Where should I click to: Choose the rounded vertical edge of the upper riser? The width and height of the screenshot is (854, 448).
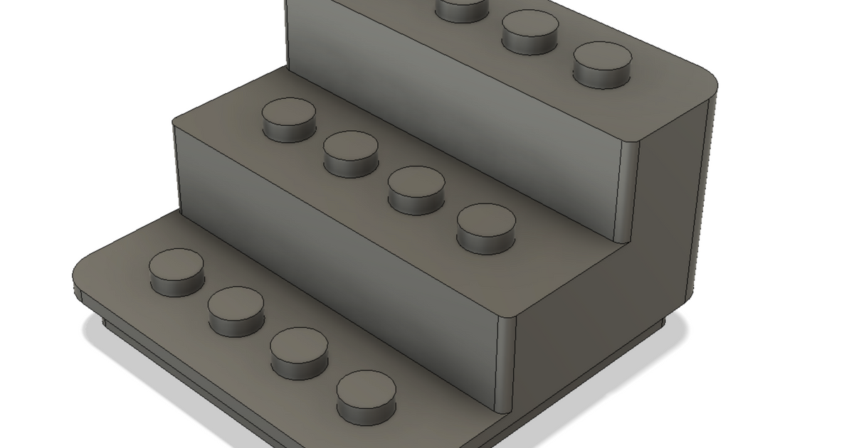pos(626,188)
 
